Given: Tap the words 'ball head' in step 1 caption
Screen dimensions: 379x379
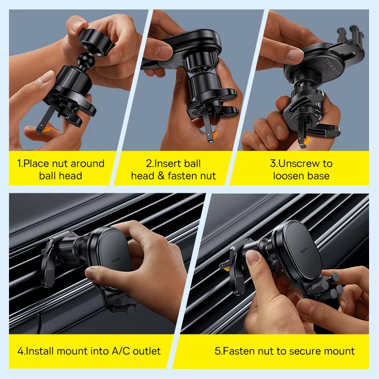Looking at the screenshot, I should point(61,176).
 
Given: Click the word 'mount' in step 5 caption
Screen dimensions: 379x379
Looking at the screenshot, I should point(336,351).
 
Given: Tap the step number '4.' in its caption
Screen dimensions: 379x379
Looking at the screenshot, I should point(21,351).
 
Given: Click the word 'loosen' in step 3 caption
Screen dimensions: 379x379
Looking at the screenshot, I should point(288,176).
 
